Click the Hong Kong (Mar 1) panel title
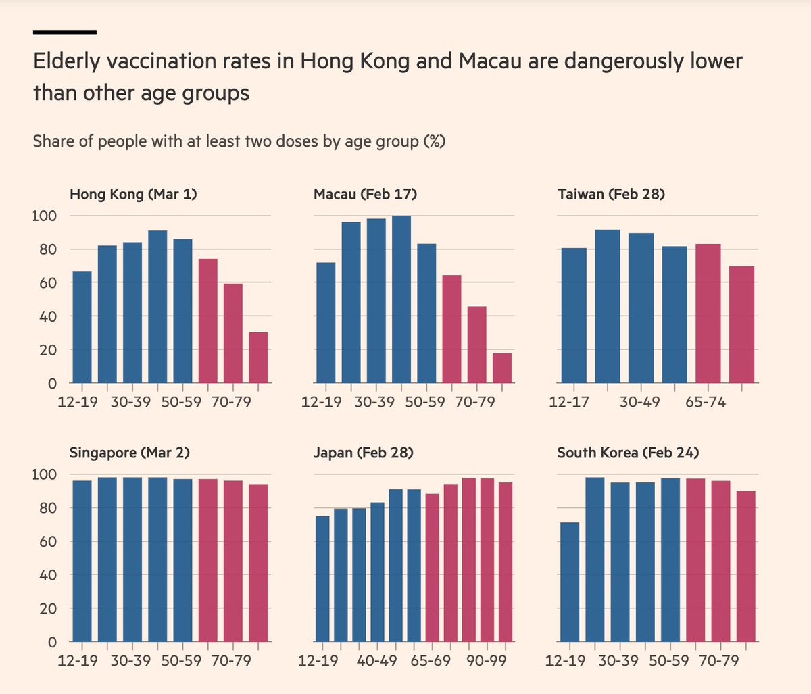[x=133, y=195]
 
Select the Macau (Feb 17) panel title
[x=365, y=195]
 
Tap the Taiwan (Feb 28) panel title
[x=611, y=195]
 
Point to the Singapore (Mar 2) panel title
[x=130, y=453]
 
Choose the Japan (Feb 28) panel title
[x=363, y=453]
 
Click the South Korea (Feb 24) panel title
[x=628, y=453]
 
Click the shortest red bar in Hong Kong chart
[x=258, y=358]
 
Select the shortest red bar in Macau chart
[x=502, y=368]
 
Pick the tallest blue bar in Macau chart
[x=401, y=299]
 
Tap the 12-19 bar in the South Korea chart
[x=570, y=582]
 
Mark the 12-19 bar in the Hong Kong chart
[x=82, y=327]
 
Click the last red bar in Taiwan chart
[x=741, y=324]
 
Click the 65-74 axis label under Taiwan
[x=705, y=403]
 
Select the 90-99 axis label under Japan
[x=486, y=660]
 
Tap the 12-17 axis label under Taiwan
[x=569, y=403]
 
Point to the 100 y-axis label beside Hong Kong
[x=44, y=216]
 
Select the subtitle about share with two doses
[x=239, y=142]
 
